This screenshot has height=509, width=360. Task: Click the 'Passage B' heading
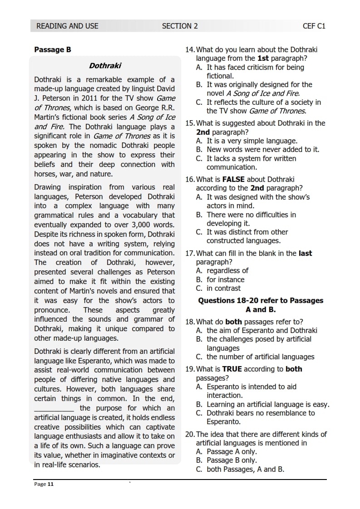[53, 50]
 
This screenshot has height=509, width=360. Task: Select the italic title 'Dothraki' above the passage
[105, 66]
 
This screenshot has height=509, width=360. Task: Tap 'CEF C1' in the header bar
[314, 26]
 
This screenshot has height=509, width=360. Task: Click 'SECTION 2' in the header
[180, 26]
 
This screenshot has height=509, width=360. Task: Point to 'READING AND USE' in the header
[67, 26]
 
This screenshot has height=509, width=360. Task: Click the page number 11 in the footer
[50, 484]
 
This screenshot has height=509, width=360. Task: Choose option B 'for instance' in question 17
[225, 279]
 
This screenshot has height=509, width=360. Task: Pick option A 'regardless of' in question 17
[227, 271]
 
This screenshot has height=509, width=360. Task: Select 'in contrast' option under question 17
[223, 288]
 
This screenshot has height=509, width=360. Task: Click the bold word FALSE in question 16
[233, 180]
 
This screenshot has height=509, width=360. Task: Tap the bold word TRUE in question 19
[232, 369]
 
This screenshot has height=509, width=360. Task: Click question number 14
[190, 50]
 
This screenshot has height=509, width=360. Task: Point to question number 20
[190, 434]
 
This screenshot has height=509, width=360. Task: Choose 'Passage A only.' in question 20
[232, 452]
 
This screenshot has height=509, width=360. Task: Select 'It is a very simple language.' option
[252, 141]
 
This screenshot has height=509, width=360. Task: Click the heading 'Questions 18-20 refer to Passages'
[261, 301]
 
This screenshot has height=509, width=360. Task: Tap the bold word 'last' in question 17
[305, 254]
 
